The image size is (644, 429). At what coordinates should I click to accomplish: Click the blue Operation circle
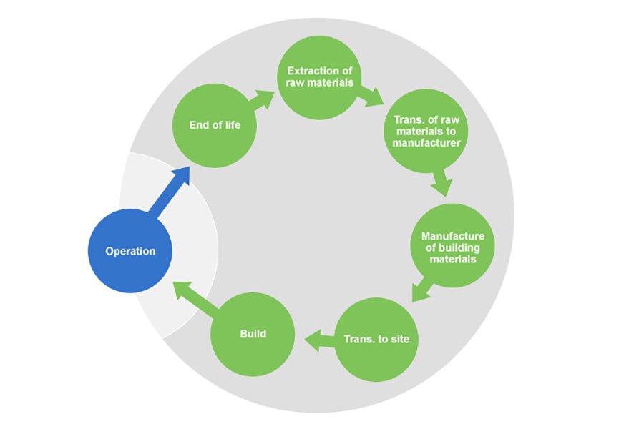tap(130, 251)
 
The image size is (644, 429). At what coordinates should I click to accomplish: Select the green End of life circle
tap(215, 126)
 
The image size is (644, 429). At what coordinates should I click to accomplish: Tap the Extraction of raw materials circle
tap(319, 77)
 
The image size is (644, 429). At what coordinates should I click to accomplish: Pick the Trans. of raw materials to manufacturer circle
tap(426, 130)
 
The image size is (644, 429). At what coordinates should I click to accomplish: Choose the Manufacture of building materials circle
tap(452, 247)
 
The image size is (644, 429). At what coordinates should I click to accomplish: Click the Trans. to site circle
tap(376, 339)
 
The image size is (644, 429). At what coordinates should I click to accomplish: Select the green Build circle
tap(253, 334)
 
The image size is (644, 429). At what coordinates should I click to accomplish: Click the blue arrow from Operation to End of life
tap(168, 192)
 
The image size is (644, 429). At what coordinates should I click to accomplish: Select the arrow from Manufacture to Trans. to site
tap(423, 289)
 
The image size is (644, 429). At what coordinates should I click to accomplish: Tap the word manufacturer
tap(426, 142)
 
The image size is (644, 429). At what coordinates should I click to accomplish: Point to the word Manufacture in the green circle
tap(453, 236)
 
